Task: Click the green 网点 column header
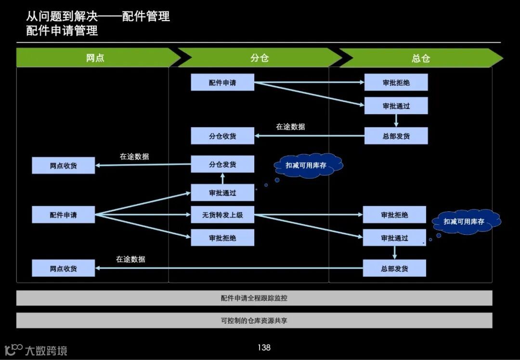(x=95, y=58)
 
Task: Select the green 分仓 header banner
(x=259, y=58)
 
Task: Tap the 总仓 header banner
(x=420, y=58)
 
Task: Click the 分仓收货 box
(x=222, y=136)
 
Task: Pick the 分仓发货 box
(x=222, y=164)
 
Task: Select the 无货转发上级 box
(x=222, y=215)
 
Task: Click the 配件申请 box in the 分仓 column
(x=222, y=83)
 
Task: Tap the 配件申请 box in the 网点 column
(x=63, y=215)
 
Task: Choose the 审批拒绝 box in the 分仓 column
(x=222, y=238)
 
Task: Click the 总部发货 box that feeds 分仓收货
(x=396, y=136)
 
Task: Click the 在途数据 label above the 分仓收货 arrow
(x=290, y=127)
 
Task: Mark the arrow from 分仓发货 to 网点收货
(x=143, y=165)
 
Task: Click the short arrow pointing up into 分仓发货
(x=222, y=179)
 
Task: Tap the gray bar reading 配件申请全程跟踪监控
(x=254, y=298)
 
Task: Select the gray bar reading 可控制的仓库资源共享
(x=254, y=320)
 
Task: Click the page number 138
(x=264, y=347)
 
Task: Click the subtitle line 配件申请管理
(x=62, y=31)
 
